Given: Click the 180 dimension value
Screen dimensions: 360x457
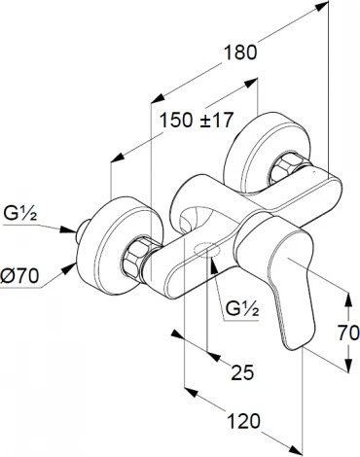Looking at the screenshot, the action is point(240,53).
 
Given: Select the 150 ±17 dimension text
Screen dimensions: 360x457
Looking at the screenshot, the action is point(197,121).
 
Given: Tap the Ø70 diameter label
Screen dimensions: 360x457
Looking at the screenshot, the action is point(19,276).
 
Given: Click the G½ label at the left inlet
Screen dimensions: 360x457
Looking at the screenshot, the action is point(20,214).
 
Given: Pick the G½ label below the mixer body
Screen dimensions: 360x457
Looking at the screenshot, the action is point(242,308).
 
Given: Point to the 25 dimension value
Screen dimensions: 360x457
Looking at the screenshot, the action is point(242,372).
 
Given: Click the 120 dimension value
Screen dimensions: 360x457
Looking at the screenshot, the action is point(243,421).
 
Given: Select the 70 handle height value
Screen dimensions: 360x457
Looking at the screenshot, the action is point(348,333).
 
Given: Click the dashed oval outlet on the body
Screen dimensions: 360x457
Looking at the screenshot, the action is point(207,250).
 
